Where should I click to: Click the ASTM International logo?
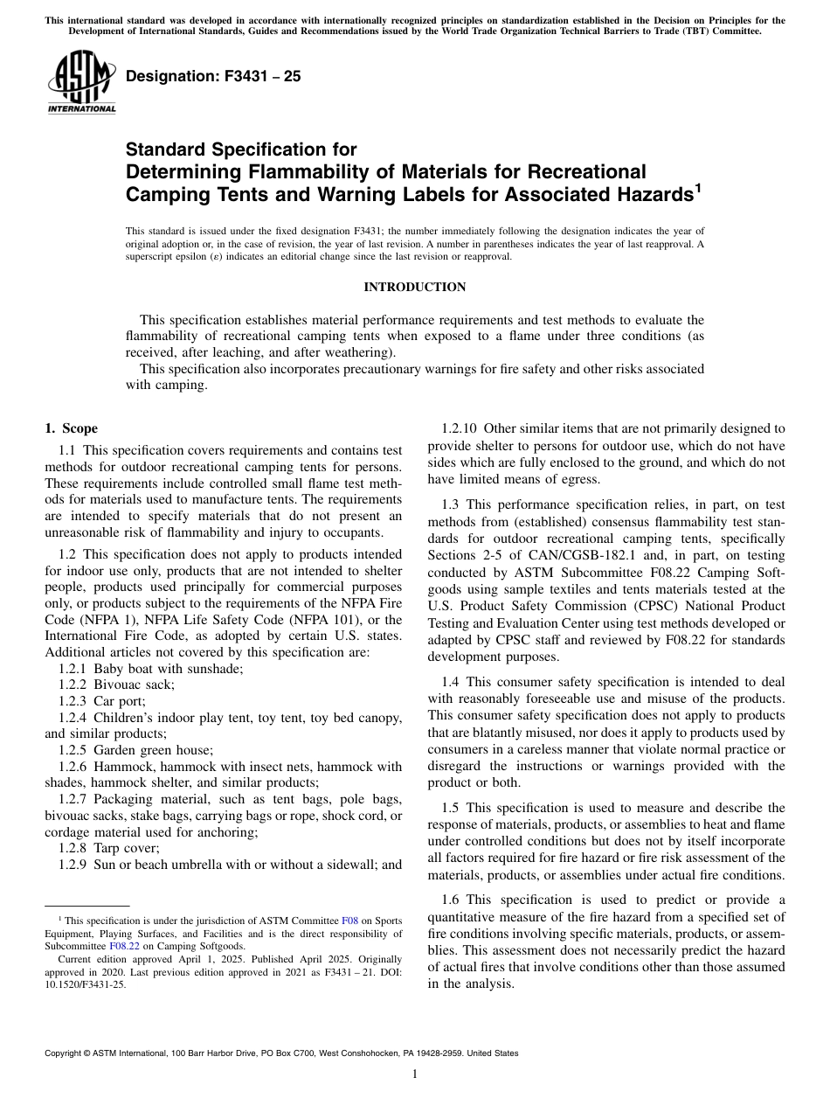(80, 84)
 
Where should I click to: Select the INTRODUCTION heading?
(414, 287)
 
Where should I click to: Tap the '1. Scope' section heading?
(72, 428)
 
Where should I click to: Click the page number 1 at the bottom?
(414, 1074)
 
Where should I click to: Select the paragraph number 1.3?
(452, 505)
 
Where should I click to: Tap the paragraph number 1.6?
(452, 900)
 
